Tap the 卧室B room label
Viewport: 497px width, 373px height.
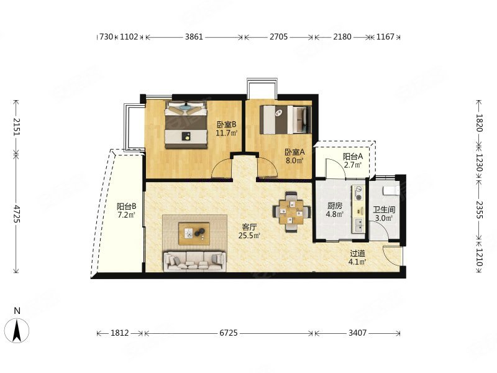coord(226,125)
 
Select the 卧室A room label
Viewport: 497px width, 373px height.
coord(294,152)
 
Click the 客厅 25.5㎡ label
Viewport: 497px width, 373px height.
coord(249,231)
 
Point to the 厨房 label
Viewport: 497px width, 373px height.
coord(334,206)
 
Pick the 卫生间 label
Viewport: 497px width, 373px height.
coord(384,210)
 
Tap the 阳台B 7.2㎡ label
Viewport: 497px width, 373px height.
coord(127,211)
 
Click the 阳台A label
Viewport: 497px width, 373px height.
coord(353,157)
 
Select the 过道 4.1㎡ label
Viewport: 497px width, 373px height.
coord(357,257)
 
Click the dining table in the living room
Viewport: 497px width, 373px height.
coord(291,211)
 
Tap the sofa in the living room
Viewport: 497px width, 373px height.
coord(194,261)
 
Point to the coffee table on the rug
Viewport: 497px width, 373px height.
coord(194,234)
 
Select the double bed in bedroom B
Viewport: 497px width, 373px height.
coord(186,125)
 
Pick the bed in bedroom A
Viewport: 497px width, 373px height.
coord(286,120)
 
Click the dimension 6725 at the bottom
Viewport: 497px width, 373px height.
coord(229,333)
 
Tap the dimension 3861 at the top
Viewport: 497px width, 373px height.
coord(194,37)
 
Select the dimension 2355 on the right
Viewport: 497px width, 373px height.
coord(478,210)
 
